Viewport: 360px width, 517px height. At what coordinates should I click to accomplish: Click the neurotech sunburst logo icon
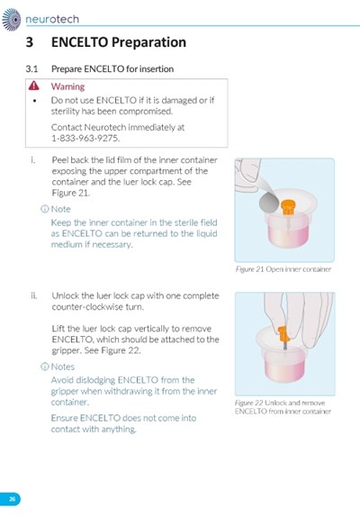click(x=12, y=20)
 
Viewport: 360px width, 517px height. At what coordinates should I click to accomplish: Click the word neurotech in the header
click(x=52, y=19)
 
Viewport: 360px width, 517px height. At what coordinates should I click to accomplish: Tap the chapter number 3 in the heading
click(x=30, y=42)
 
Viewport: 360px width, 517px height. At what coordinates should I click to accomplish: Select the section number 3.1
click(x=31, y=69)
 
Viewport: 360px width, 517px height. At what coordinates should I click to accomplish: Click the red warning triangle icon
click(x=33, y=86)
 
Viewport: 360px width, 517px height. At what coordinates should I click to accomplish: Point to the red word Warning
click(x=67, y=86)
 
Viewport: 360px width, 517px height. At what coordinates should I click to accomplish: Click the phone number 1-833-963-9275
click(x=85, y=138)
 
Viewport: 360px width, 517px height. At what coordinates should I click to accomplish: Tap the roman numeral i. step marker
click(x=32, y=160)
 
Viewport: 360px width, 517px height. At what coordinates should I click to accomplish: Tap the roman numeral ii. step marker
click(x=34, y=295)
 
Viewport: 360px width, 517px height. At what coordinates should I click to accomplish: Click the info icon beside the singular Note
click(x=44, y=209)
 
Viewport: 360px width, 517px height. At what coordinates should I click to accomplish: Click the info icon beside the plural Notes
click(x=44, y=367)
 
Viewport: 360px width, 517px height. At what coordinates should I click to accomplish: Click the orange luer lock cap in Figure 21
click(x=287, y=206)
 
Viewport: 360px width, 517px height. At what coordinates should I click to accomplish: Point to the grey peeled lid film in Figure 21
click(x=269, y=203)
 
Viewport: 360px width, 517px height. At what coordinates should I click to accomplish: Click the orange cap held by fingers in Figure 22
click(x=283, y=334)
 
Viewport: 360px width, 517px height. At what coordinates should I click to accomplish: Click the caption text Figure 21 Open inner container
click(x=283, y=269)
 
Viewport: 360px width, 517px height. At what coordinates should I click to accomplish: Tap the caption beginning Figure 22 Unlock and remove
click(x=283, y=407)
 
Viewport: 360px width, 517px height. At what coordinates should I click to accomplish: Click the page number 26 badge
click(x=11, y=499)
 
